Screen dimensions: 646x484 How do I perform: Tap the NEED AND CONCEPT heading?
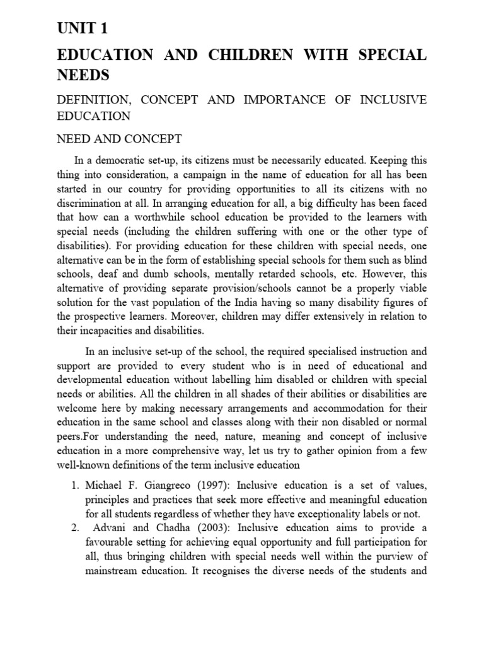119,139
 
